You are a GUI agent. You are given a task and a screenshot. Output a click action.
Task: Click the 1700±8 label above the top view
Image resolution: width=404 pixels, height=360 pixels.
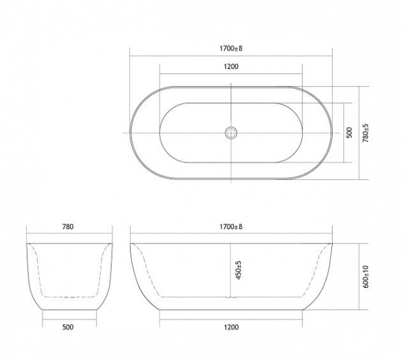tap(231, 49)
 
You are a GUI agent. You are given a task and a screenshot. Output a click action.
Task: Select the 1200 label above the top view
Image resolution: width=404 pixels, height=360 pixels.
tap(231, 67)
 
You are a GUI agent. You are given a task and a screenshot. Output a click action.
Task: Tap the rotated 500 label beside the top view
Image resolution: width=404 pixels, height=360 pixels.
tap(349, 133)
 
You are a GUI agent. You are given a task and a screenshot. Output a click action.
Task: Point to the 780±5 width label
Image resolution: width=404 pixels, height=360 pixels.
tap(366, 133)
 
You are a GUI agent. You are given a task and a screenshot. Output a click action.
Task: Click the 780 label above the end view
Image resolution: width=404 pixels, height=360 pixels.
tap(68, 227)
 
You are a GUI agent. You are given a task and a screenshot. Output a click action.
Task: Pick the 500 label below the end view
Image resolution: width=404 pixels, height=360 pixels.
tap(68, 327)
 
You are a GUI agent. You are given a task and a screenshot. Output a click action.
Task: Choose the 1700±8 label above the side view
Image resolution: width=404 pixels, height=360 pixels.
tap(231, 227)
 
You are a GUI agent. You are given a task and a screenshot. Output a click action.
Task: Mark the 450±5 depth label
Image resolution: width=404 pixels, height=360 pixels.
tap(238, 270)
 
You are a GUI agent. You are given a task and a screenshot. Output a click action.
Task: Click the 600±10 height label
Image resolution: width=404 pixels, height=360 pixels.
tap(366, 276)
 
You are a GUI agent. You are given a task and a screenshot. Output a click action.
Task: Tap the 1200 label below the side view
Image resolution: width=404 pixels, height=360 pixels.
tap(231, 327)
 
